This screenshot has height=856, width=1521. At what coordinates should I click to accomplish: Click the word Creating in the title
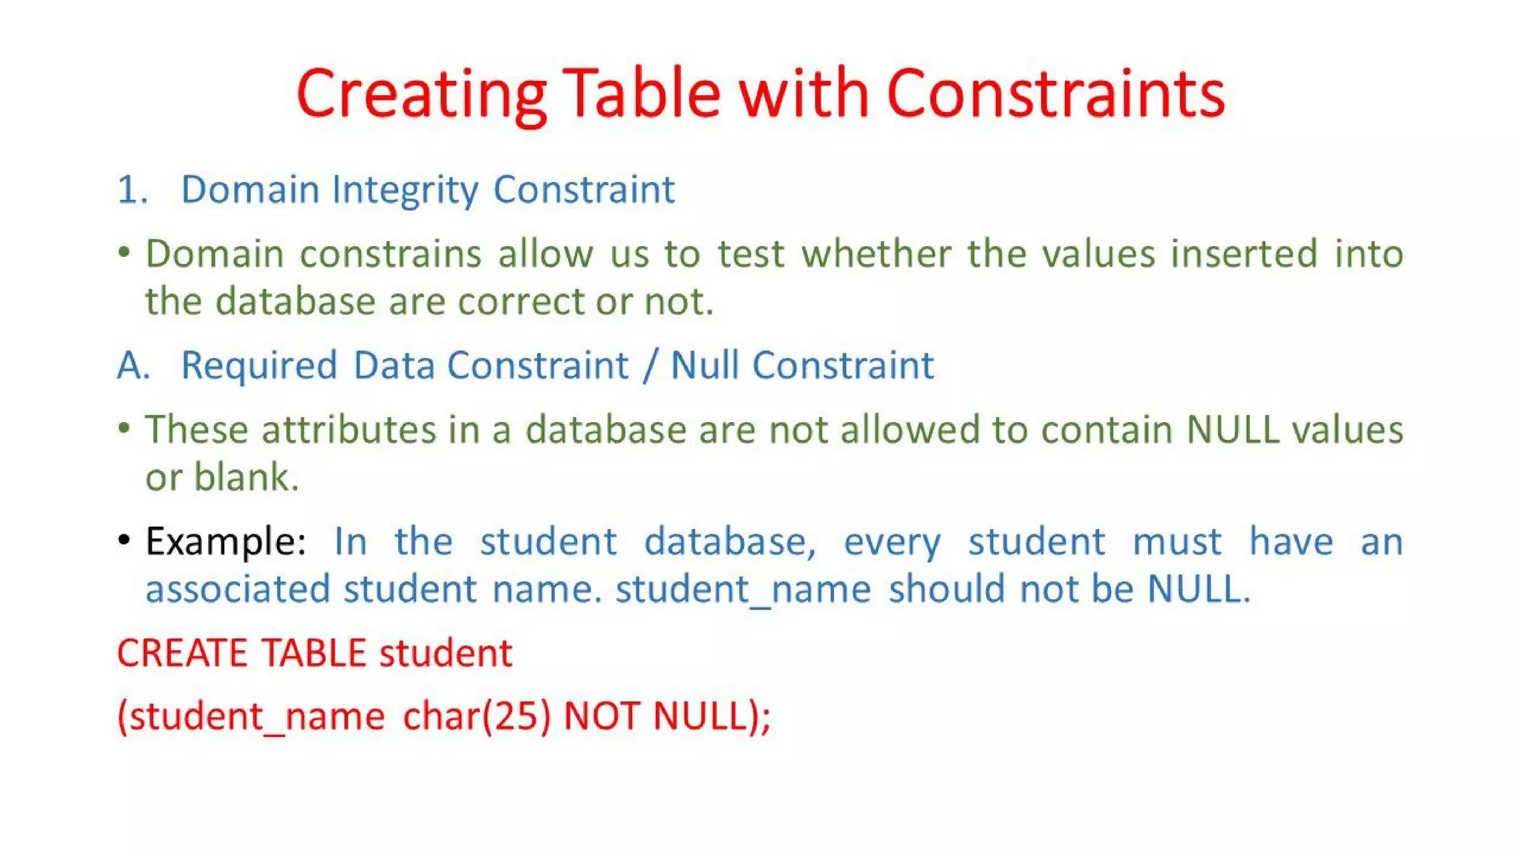click(x=420, y=94)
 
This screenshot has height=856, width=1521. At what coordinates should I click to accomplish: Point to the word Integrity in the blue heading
click(x=405, y=190)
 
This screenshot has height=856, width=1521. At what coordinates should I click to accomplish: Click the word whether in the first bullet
click(x=876, y=254)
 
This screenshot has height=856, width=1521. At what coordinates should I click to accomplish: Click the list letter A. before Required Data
click(x=133, y=366)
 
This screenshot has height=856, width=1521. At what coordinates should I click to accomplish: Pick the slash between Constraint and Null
click(x=651, y=366)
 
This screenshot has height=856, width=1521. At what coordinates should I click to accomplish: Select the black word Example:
click(x=225, y=542)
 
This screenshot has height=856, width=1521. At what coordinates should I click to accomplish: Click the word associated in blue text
click(x=237, y=589)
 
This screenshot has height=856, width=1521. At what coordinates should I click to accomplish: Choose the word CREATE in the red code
click(x=182, y=654)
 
